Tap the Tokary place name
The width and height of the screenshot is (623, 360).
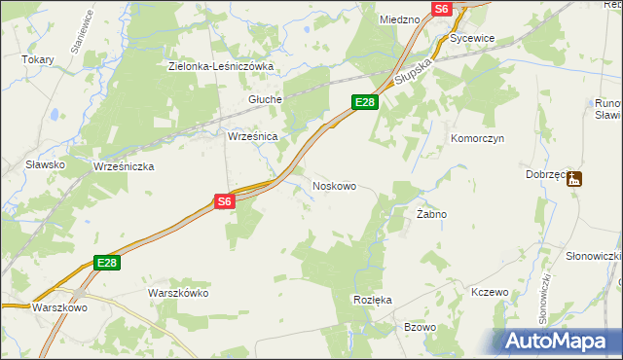pos(38,59)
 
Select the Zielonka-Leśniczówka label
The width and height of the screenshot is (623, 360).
pos(221,66)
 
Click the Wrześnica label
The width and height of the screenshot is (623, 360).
pos(253,137)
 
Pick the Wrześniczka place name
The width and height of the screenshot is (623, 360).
pos(124,166)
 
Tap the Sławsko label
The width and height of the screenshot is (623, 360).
pos(46,164)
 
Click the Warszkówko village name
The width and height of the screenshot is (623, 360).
pos(178,292)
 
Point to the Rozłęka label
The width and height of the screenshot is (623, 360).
pos(372,300)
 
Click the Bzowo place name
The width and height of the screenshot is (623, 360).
pos(420,327)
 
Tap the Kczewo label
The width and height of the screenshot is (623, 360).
pos(490,292)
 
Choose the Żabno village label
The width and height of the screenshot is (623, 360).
pos(431,213)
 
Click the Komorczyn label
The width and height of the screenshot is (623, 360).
pos(476,139)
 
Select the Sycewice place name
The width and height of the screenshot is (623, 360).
pos(473,38)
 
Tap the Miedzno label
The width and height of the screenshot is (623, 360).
pos(399,18)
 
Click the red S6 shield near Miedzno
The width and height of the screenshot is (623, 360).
pos(442,8)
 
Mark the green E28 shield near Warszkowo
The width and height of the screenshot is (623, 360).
pos(107,263)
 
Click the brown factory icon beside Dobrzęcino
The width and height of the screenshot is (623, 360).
pos(575,179)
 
